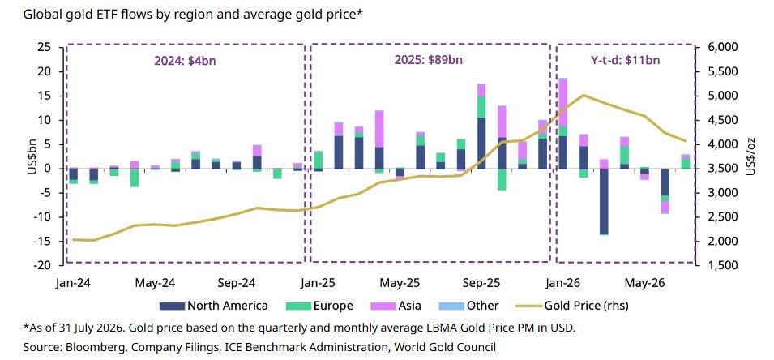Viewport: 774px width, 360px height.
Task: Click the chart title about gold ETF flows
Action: (x=193, y=15)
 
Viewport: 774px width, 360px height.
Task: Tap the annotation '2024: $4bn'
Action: (x=185, y=61)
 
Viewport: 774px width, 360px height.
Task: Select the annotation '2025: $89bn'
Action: (x=429, y=61)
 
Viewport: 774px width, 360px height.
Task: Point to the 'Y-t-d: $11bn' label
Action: (x=626, y=61)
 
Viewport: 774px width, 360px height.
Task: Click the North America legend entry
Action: (x=214, y=306)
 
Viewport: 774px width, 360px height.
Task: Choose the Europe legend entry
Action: (x=319, y=306)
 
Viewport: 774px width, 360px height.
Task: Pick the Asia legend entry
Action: (x=396, y=306)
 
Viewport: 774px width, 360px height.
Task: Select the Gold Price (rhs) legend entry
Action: (x=573, y=306)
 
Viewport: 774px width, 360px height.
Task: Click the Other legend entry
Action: (x=468, y=306)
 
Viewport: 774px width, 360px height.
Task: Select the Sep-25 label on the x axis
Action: (x=481, y=283)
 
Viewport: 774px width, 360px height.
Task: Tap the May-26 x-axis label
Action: (x=644, y=283)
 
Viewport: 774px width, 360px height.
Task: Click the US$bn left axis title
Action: (x=33, y=156)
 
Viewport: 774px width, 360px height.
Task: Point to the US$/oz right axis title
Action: (x=751, y=156)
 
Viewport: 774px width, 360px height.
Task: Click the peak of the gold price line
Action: (x=584, y=95)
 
